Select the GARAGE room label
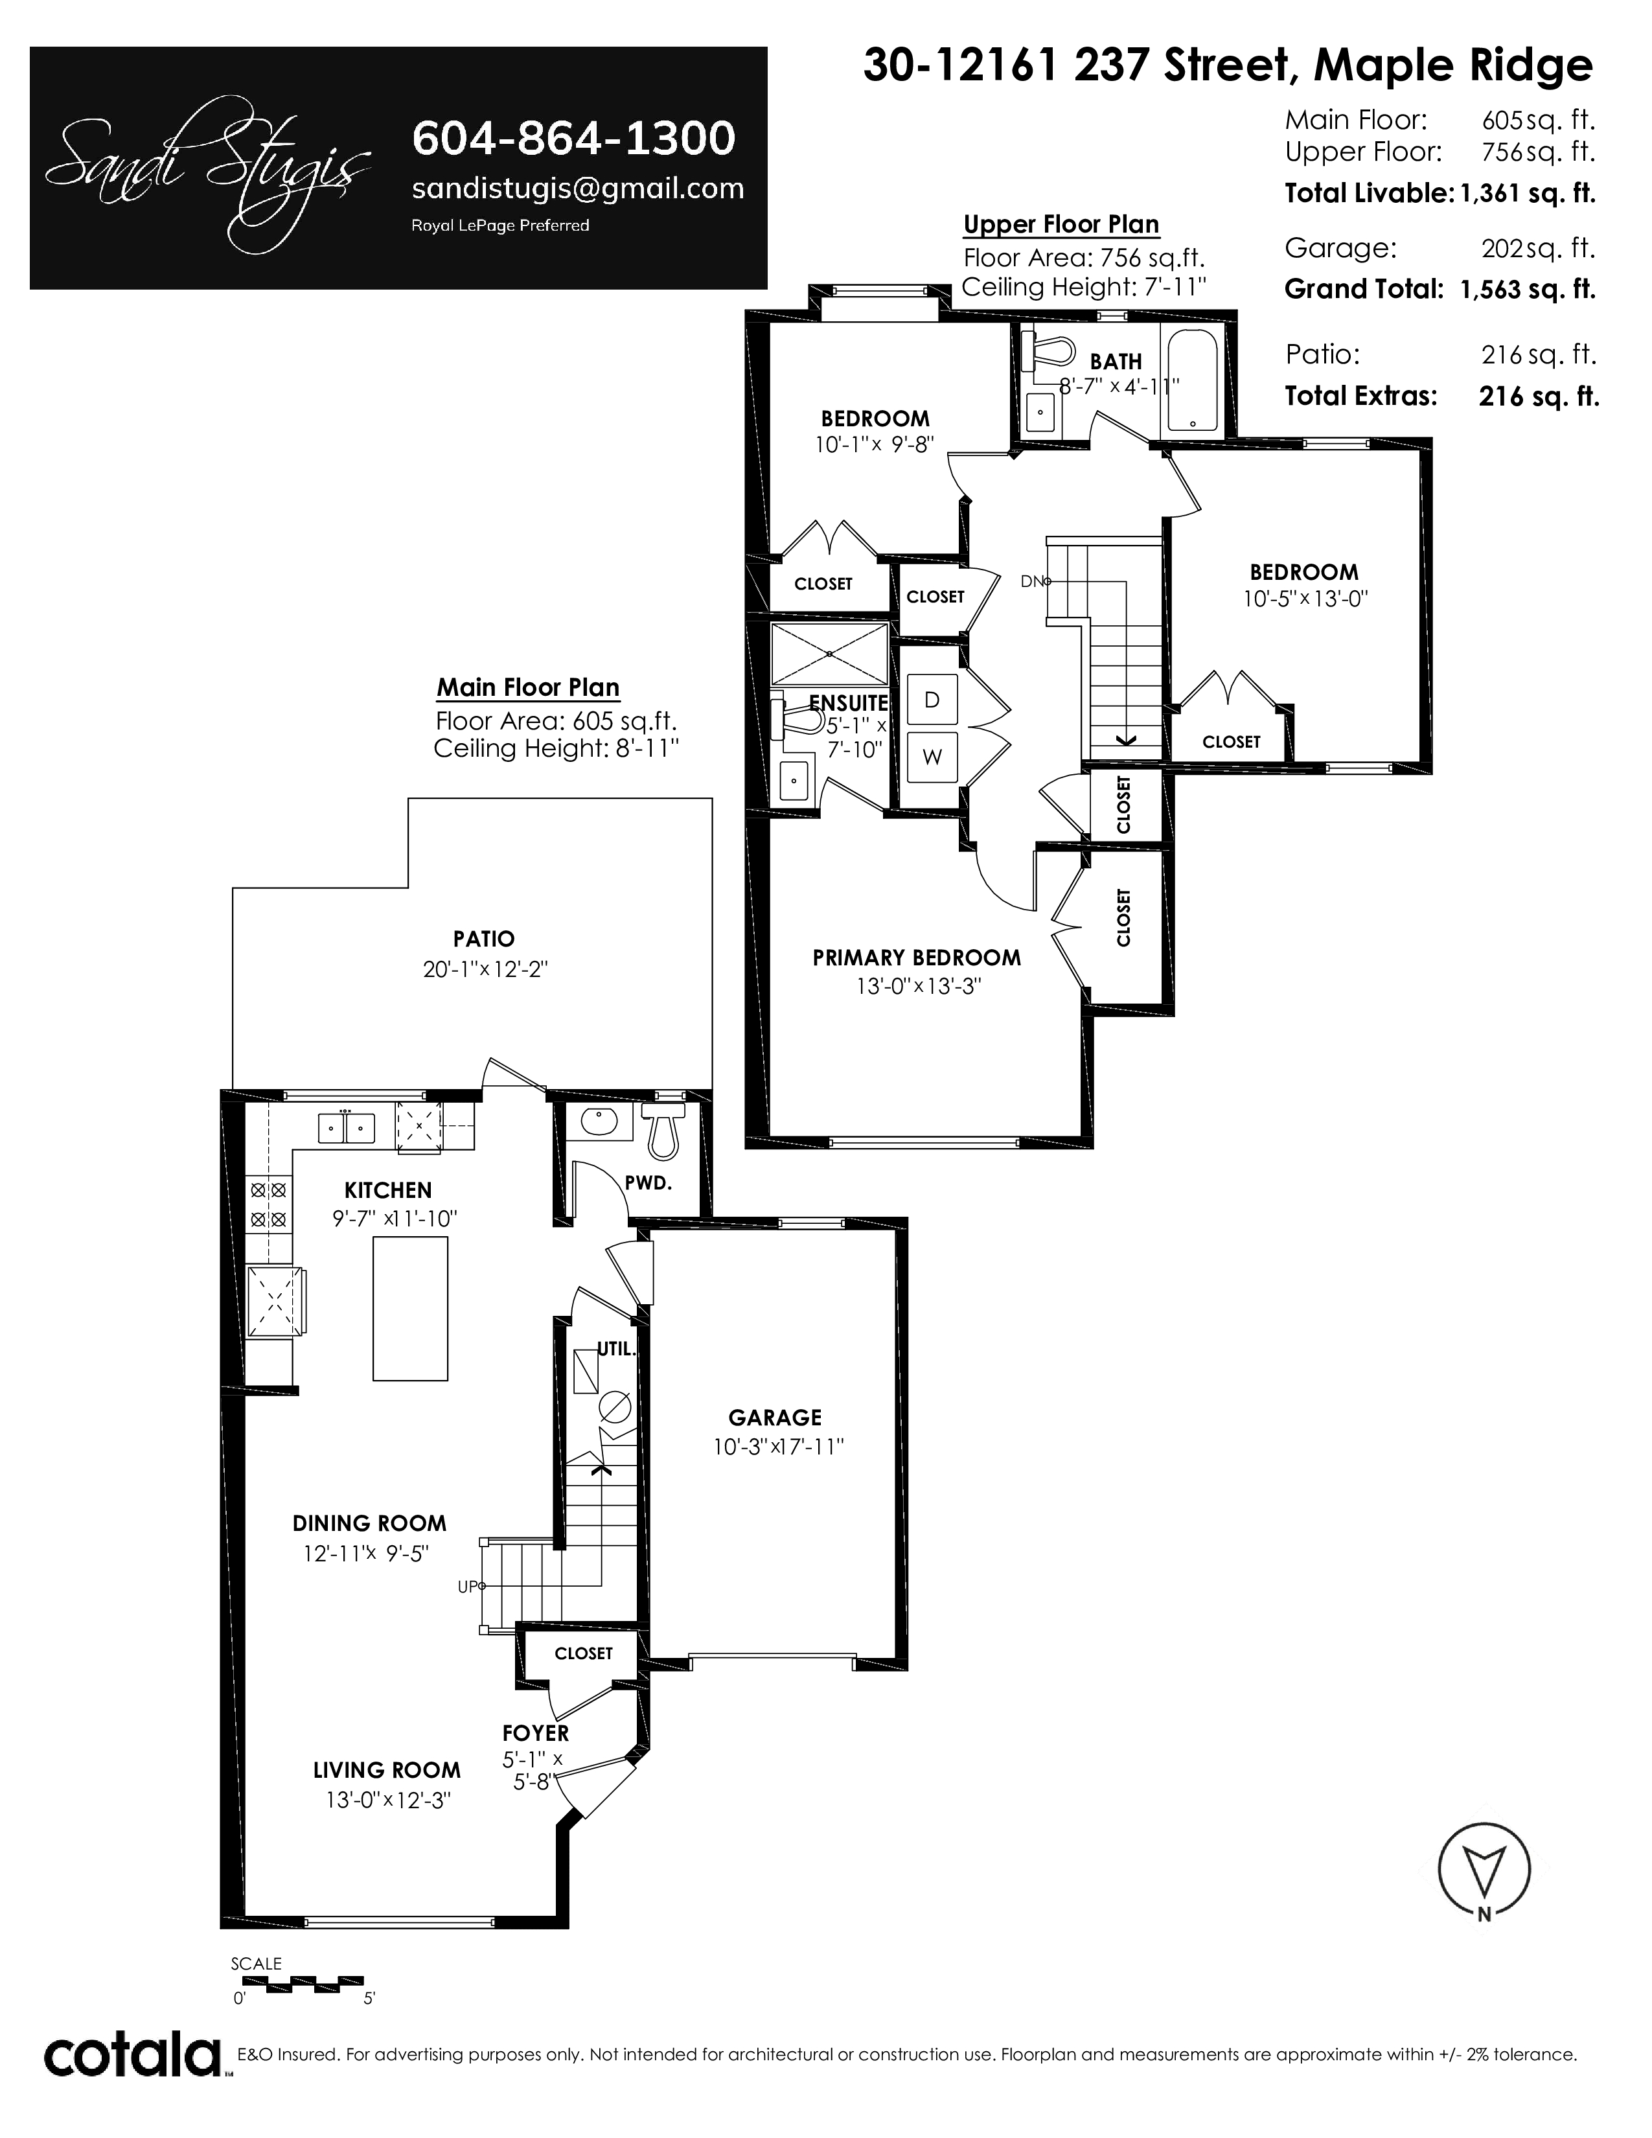point(775,1418)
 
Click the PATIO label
point(483,939)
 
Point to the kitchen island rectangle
point(410,1308)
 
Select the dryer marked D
point(932,700)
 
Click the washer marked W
point(932,757)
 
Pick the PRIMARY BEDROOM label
point(916,958)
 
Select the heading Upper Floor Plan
point(1061,224)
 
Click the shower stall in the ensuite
point(829,653)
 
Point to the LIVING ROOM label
point(387,1770)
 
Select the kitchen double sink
point(347,1128)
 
